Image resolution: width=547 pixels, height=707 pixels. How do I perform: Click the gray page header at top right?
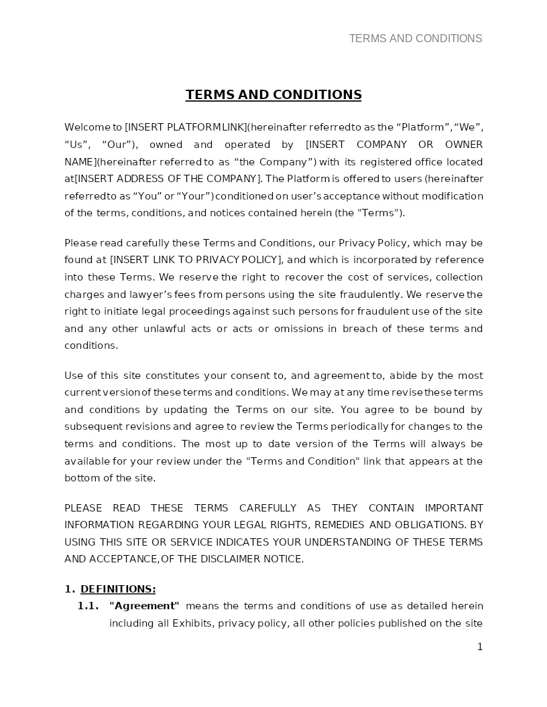pyautogui.click(x=415, y=39)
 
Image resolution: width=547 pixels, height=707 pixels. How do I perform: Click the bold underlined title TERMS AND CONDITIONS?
pyautogui.click(x=273, y=94)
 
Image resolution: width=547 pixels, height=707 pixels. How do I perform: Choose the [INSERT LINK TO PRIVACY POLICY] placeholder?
pyautogui.click(x=196, y=260)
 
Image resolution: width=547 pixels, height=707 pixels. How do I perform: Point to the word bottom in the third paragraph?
pyautogui.click(x=81, y=478)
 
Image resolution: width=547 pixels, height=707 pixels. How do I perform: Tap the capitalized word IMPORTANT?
pyautogui.click(x=454, y=508)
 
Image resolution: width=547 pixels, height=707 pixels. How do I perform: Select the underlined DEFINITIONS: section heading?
pyautogui.click(x=118, y=589)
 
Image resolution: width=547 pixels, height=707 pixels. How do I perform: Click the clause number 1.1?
pyautogui.click(x=88, y=606)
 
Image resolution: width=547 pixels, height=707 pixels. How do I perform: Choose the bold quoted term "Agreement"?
pyautogui.click(x=144, y=606)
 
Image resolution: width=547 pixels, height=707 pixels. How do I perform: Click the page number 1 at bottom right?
pyautogui.click(x=479, y=647)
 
